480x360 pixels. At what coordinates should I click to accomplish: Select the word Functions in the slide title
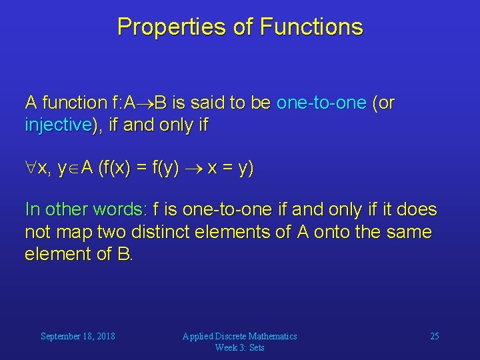pyautogui.click(x=311, y=27)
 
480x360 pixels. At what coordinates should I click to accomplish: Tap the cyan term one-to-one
pyautogui.click(x=321, y=103)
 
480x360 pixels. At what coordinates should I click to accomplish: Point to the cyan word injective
pyautogui.click(x=58, y=125)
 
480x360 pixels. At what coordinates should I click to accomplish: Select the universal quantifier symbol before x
pyautogui.click(x=31, y=169)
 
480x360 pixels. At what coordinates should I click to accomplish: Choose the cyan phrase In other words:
pyautogui.click(x=85, y=209)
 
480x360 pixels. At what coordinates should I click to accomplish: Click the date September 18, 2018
pyautogui.click(x=78, y=336)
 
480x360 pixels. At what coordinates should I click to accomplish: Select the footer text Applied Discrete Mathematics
pyautogui.click(x=240, y=336)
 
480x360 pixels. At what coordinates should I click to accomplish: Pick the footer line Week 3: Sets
pyautogui.click(x=240, y=347)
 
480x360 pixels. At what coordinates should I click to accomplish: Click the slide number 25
pyautogui.click(x=434, y=336)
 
